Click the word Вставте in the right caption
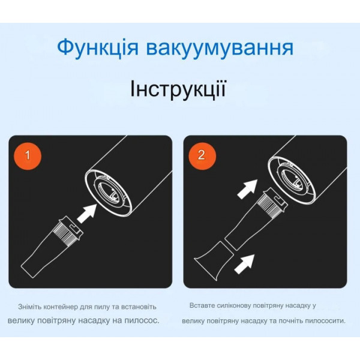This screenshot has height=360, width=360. click(x=202, y=305)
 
